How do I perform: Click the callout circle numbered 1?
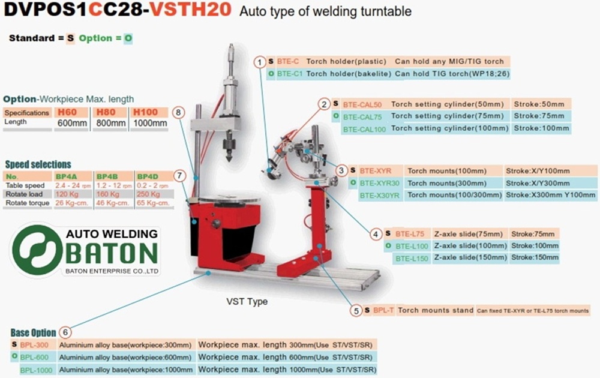[259, 61]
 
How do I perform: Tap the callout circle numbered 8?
[178, 112]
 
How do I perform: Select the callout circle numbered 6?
[66, 332]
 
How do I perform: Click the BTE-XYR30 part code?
[379, 183]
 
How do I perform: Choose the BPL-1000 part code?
[37, 370]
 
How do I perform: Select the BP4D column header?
[148, 176]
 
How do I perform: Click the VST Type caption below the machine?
[247, 301]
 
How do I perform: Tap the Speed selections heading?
[38, 164]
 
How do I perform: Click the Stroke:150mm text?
[535, 257]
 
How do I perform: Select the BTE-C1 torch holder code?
[289, 73]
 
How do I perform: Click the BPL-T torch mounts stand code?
[383, 310]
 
